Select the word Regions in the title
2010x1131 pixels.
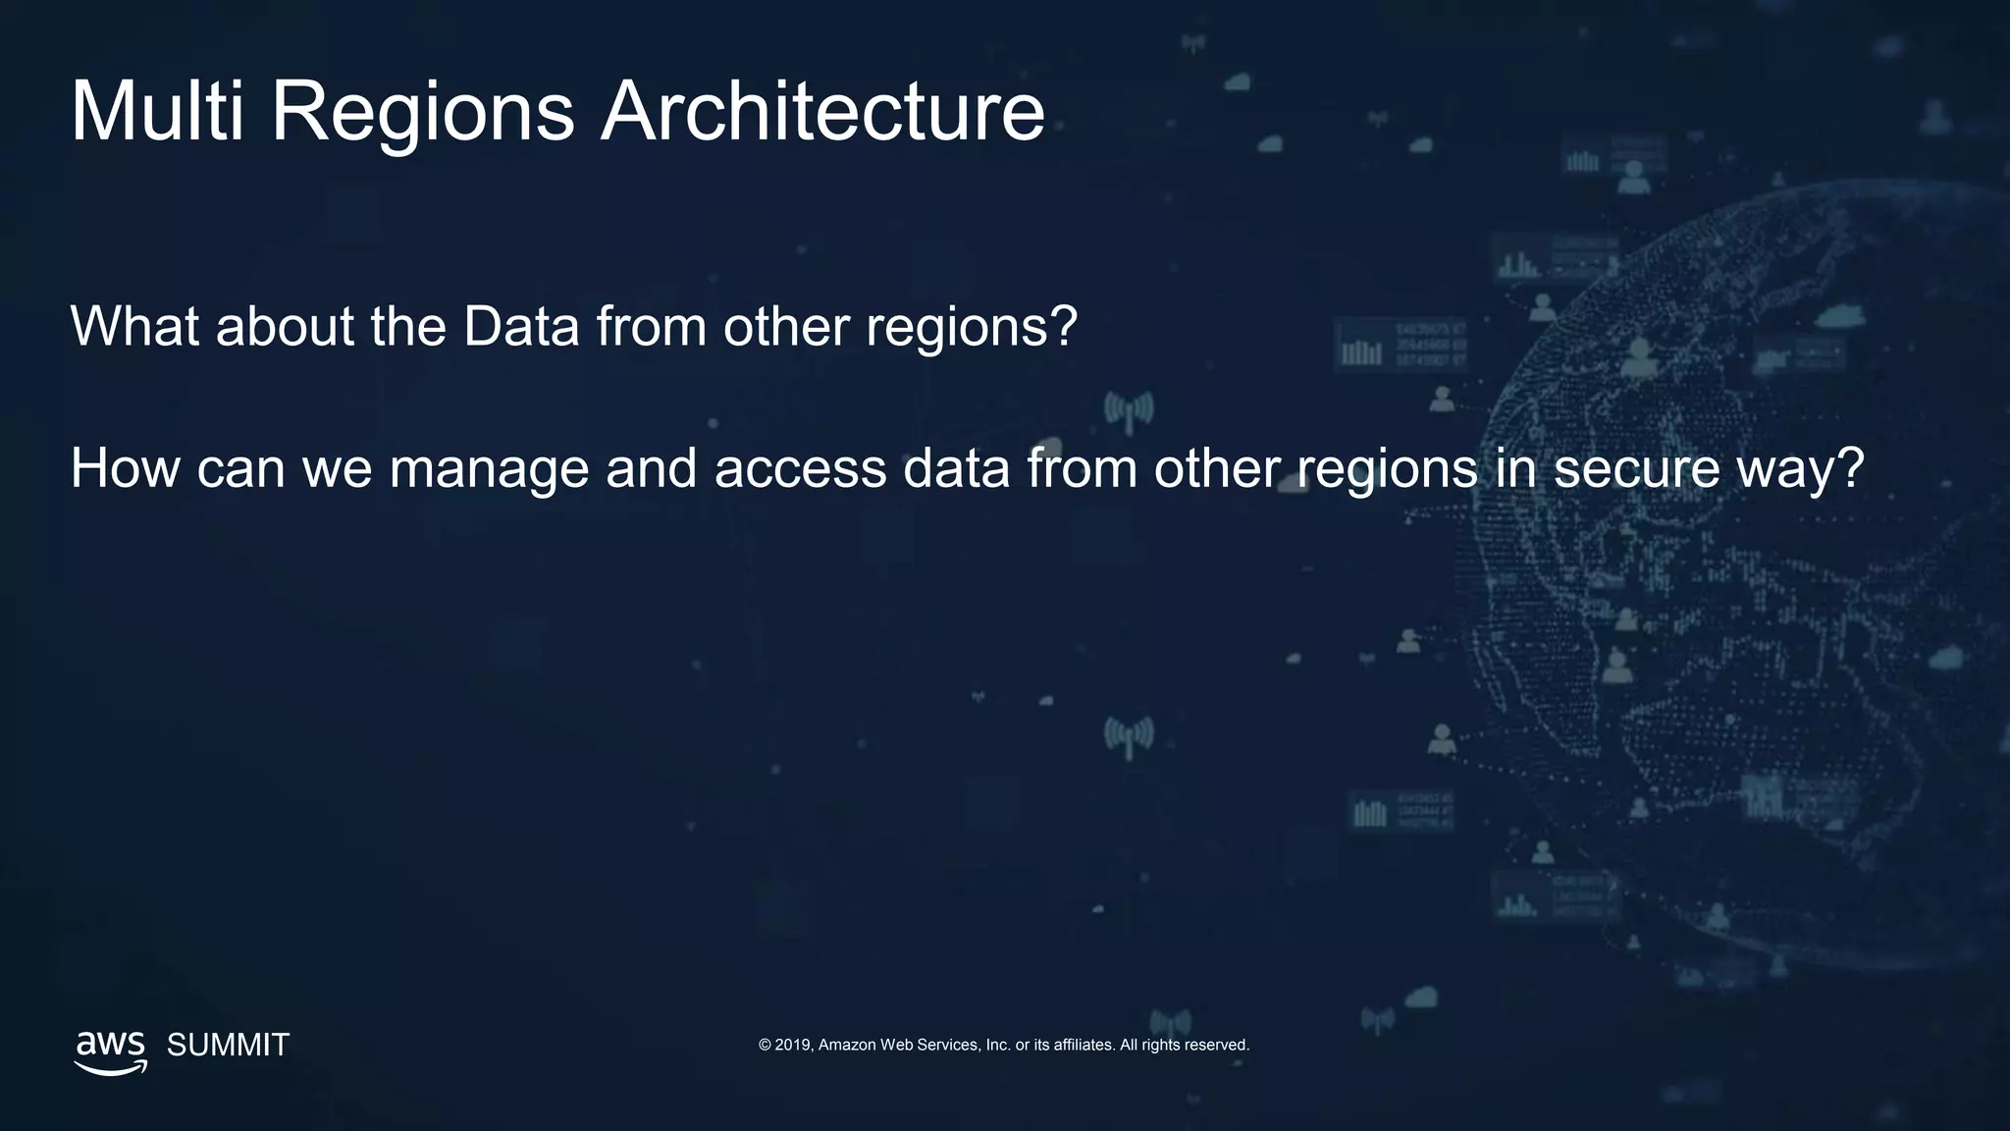pos(422,113)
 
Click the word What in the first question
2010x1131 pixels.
pos(135,326)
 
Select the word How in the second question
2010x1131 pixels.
pos(125,468)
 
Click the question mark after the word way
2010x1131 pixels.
pos(1851,468)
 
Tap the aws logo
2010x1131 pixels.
pos(111,1051)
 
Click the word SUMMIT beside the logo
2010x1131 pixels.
pos(228,1045)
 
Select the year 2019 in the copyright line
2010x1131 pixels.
pos(793,1045)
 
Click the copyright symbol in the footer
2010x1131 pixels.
pos(765,1045)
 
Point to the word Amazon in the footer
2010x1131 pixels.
pos(847,1045)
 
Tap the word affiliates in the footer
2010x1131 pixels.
pos(1084,1045)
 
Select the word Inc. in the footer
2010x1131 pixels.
pos(997,1045)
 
